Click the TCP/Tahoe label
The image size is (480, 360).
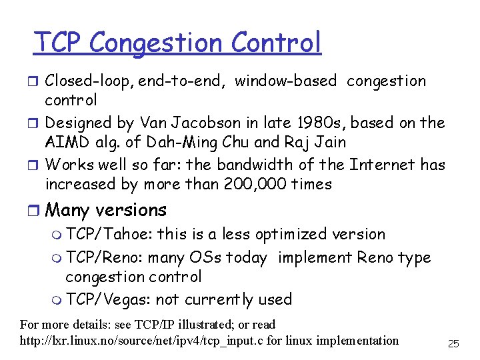[109, 235]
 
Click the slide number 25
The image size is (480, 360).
[453, 344]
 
